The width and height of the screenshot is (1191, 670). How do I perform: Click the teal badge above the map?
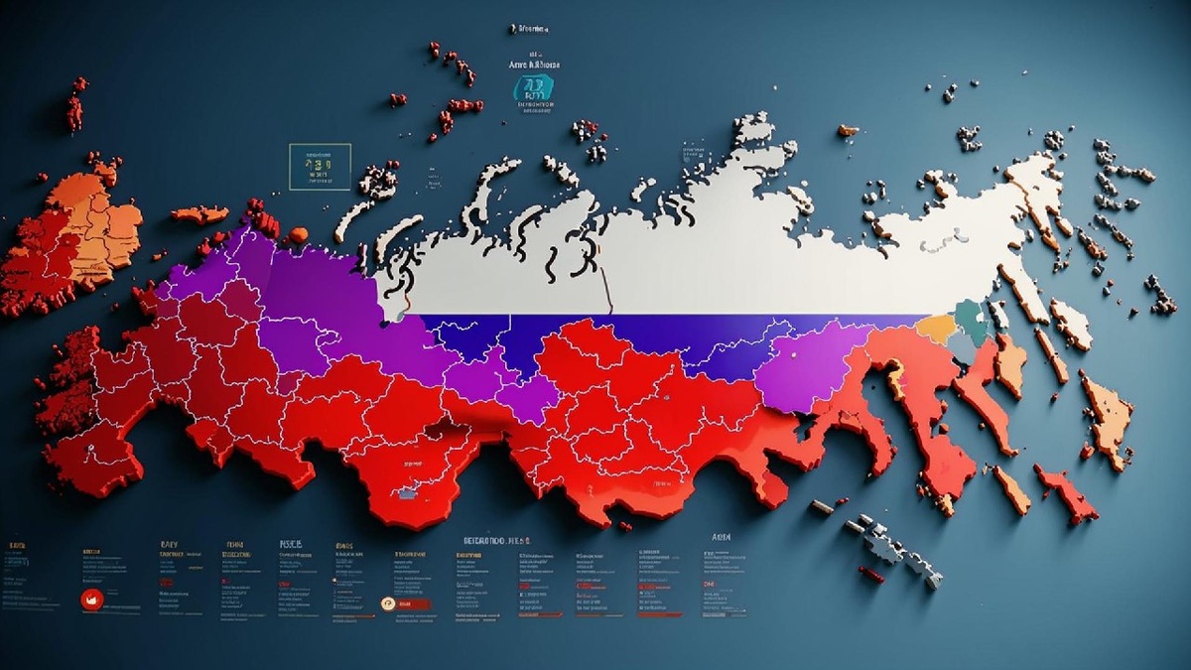[534, 88]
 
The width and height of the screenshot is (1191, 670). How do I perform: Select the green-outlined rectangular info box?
[320, 167]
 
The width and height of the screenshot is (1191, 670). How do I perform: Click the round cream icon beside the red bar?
[389, 603]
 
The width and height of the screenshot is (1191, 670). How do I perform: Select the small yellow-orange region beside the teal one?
[935, 329]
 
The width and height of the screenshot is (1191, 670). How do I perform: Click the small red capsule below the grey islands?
[870, 575]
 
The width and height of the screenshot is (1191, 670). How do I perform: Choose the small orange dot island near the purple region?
[296, 236]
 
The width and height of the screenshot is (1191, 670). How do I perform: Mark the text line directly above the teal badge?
[535, 65]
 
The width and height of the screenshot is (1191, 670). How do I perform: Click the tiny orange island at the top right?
[848, 130]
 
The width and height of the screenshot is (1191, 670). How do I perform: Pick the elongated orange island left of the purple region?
[198, 214]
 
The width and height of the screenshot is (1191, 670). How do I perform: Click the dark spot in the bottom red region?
[406, 491]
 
